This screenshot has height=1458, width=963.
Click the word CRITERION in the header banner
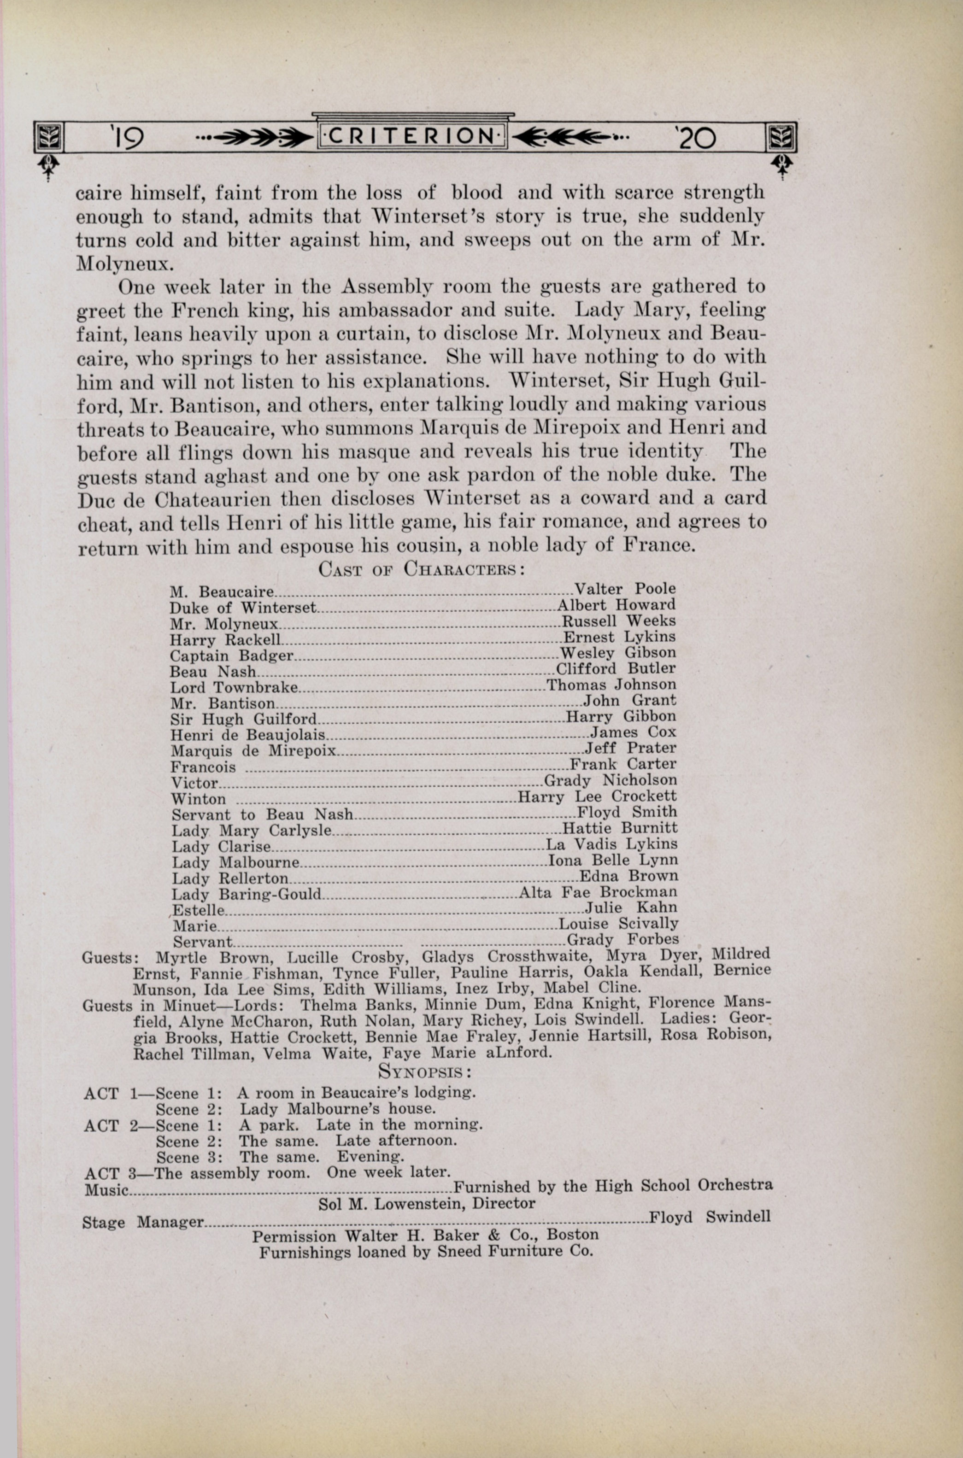point(411,136)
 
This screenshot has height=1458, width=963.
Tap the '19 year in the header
point(127,138)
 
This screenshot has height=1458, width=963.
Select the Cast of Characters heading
point(421,568)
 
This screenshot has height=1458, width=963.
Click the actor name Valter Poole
point(625,589)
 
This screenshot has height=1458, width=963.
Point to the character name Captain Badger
point(232,655)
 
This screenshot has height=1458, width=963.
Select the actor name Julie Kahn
point(631,908)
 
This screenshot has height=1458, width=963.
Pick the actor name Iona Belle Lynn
point(612,860)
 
